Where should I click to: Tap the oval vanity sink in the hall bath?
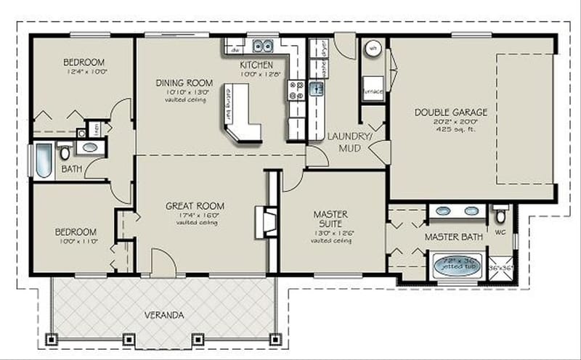point(90,147)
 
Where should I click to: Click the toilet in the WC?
point(500,216)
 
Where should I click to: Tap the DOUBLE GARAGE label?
point(450,112)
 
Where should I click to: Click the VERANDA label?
point(163,315)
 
